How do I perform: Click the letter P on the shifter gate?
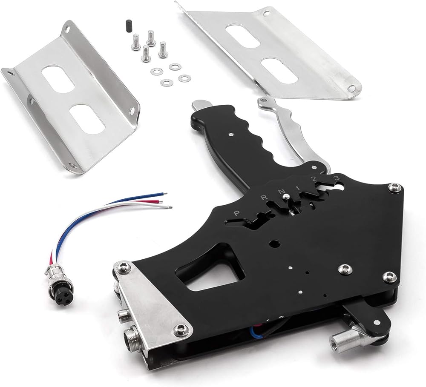coord(236,213)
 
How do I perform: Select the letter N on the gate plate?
coord(280,191)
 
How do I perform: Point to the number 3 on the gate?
coord(337,178)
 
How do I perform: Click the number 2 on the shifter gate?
coord(314,179)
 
